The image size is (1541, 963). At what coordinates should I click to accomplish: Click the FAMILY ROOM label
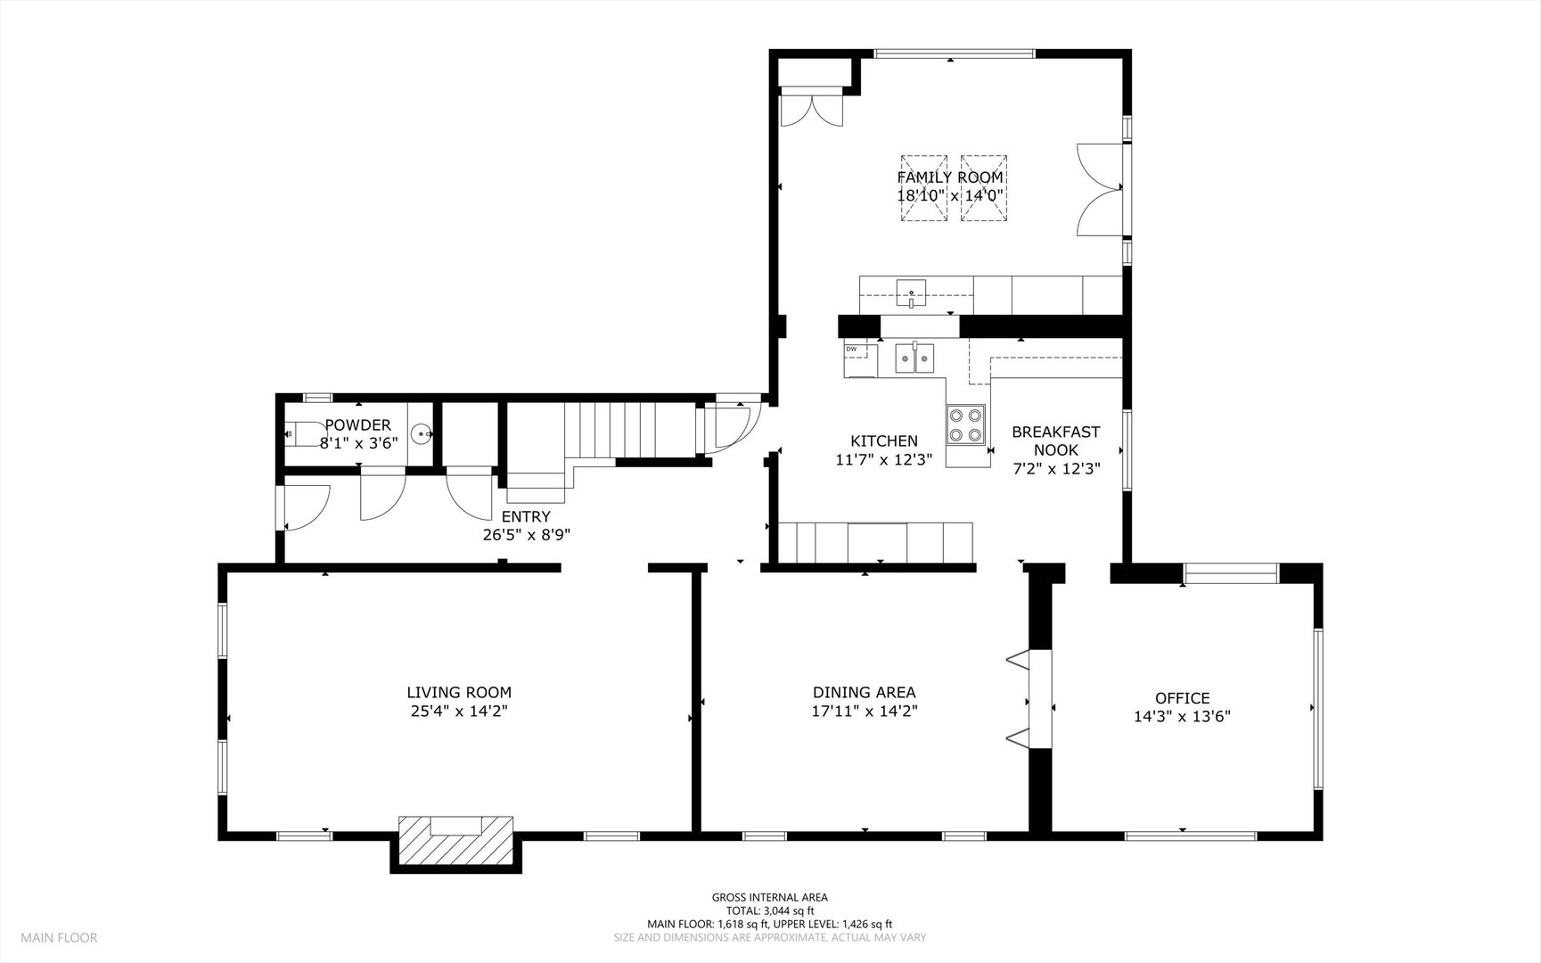(950, 177)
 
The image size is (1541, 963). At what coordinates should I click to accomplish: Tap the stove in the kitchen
(966, 425)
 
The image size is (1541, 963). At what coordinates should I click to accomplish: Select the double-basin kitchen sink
(914, 358)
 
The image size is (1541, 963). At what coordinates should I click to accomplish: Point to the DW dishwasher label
(851, 349)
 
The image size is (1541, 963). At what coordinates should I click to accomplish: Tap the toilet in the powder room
(304, 433)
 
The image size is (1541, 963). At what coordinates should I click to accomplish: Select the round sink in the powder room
(422, 433)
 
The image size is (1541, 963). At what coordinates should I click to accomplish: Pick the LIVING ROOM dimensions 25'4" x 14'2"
(459, 712)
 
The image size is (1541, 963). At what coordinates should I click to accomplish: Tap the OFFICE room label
(1183, 698)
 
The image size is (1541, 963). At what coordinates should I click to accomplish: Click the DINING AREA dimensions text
(865, 712)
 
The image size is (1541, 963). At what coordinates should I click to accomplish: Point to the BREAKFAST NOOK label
(1056, 440)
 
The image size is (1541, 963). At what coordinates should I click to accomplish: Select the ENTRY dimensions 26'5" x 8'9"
(525, 535)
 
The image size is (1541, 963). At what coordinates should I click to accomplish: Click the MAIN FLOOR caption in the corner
(59, 937)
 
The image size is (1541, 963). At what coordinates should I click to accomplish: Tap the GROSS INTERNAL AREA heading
(770, 898)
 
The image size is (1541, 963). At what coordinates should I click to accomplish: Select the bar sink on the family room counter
(912, 292)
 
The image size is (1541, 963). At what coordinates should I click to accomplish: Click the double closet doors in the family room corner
(811, 107)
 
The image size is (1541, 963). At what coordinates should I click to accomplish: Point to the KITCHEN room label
(884, 440)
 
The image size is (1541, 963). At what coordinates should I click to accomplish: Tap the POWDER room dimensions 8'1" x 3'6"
(358, 441)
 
